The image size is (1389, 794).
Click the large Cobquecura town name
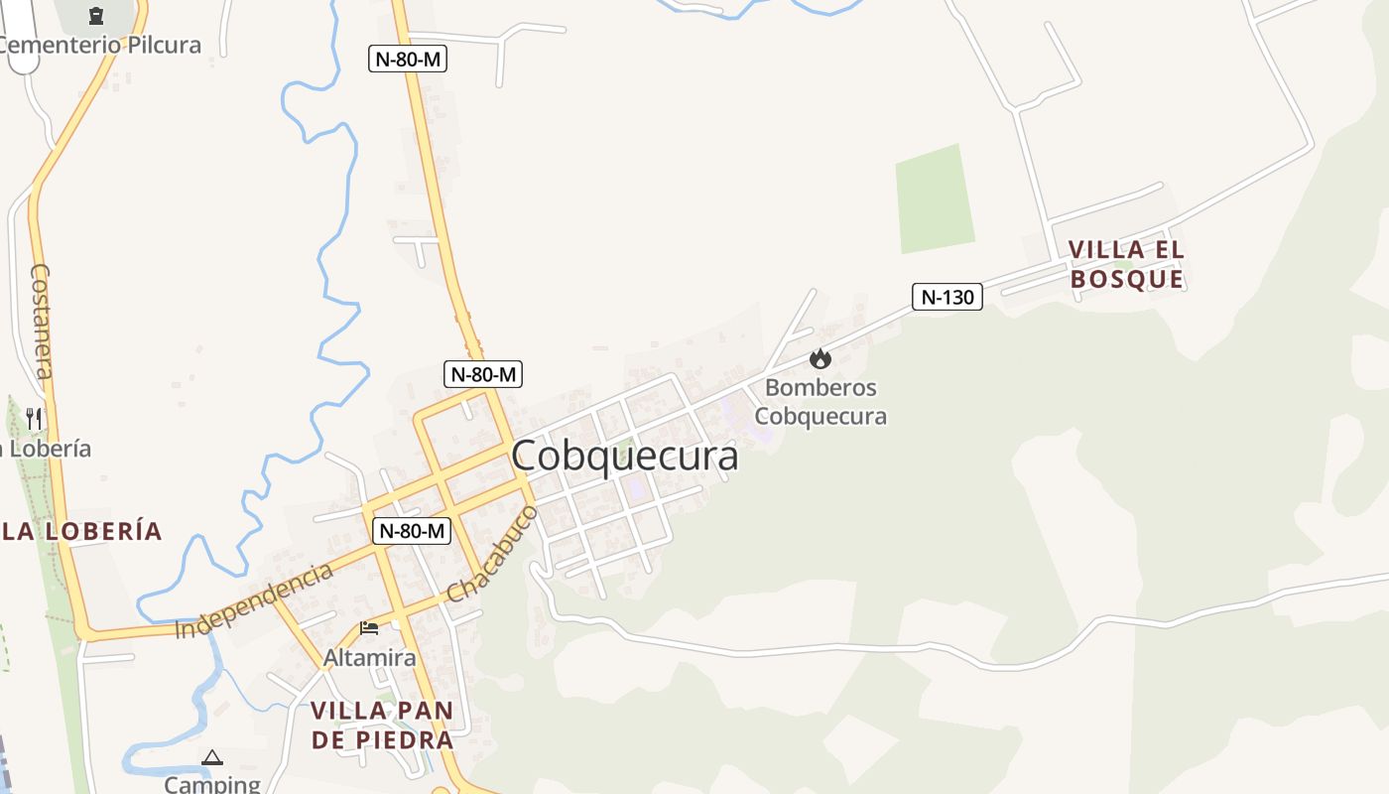[x=625, y=457]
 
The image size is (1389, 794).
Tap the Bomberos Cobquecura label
[x=821, y=402]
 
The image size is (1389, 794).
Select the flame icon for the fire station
[x=821, y=358]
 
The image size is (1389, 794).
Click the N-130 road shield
[x=947, y=297]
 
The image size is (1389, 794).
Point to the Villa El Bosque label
[x=1127, y=264]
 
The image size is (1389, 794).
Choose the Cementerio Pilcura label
[x=99, y=45]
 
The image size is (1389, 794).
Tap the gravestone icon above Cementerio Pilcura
[x=96, y=15]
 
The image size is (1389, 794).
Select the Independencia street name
[x=254, y=601]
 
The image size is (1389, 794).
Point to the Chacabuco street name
[x=492, y=554]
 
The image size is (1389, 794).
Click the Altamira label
[x=370, y=658]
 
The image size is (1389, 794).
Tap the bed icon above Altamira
[x=369, y=628]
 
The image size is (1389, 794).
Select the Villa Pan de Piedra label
[x=382, y=726]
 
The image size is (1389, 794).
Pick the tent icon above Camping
[x=212, y=758]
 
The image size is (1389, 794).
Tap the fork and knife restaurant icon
[x=34, y=418]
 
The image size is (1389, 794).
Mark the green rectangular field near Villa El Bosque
[x=935, y=198]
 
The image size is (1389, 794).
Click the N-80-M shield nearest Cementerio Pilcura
[x=408, y=59]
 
